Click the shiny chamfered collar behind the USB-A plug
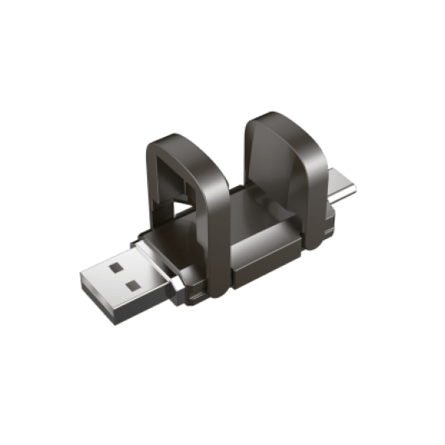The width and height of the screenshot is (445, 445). point(178,286)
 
